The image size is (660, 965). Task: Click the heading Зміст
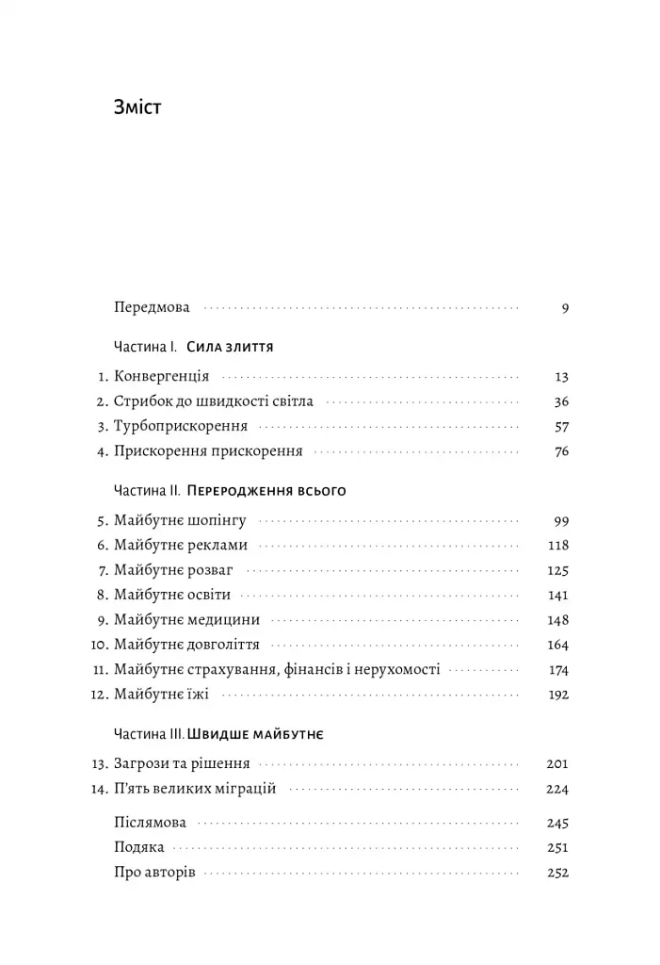point(137,106)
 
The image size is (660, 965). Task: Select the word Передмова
point(152,307)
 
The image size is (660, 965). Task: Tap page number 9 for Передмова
point(565,307)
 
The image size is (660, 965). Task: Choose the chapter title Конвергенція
point(161,376)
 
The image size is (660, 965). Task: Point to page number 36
point(561,401)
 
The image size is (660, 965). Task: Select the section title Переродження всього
point(268,491)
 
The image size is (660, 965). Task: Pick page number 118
point(558,545)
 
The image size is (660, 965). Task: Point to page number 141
point(558,595)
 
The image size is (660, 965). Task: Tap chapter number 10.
point(101,646)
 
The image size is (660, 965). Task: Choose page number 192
point(558,695)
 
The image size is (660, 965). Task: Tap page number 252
point(558,872)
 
